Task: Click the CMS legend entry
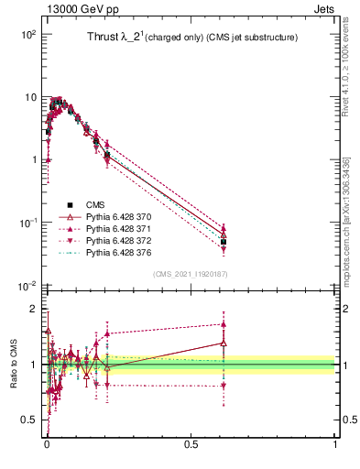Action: click(x=96, y=204)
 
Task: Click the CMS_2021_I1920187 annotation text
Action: click(x=191, y=274)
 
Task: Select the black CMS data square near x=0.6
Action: click(x=224, y=242)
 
